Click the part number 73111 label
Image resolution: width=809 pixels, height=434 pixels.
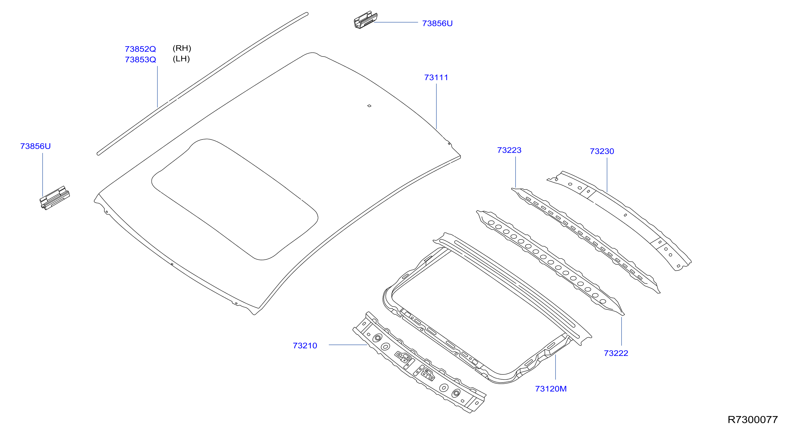tap(436, 77)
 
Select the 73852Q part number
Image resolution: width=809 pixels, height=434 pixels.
tap(140, 49)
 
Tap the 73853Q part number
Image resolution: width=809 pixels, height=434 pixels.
tap(140, 60)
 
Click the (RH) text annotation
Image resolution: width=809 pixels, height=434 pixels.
tap(182, 48)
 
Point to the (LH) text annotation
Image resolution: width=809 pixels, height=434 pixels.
tap(181, 59)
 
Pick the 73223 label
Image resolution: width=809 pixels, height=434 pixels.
tap(509, 150)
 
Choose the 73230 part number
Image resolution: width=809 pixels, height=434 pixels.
tap(602, 151)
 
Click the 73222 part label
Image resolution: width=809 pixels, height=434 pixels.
tap(616, 353)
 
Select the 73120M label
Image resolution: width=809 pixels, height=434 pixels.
tap(551, 389)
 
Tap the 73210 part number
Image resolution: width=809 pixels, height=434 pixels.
tap(305, 346)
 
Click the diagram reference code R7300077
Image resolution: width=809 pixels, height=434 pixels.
tap(753, 420)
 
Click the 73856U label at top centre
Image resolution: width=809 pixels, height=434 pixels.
tap(437, 24)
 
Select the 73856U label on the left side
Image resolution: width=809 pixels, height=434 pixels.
tap(35, 146)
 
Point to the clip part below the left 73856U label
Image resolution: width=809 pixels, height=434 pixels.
tap(55, 198)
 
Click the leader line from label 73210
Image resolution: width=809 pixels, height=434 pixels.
tap(348, 345)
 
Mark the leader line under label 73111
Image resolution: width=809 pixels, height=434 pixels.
tap(436, 106)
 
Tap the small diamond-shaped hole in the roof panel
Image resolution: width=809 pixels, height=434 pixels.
tap(369, 106)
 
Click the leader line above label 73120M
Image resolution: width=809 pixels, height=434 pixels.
tap(555, 367)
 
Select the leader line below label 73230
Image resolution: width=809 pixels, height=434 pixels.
tap(607, 175)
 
